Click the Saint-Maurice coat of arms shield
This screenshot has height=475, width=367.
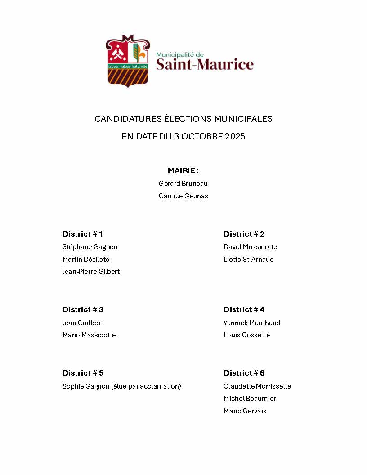[x=127, y=61]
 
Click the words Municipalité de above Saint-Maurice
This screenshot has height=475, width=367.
[x=180, y=54]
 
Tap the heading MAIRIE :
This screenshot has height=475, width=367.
[x=183, y=170]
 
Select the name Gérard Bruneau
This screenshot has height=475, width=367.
[x=183, y=184]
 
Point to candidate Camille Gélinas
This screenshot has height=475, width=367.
[x=183, y=196]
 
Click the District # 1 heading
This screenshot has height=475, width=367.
[x=83, y=234]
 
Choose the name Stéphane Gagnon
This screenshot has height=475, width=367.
[x=90, y=247]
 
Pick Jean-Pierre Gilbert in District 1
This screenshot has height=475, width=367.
[x=91, y=272]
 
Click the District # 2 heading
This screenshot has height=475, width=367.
[x=244, y=234]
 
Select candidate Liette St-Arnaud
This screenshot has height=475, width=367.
[x=248, y=260]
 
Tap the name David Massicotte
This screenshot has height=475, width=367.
[x=250, y=247]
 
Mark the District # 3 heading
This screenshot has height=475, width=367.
[x=83, y=309]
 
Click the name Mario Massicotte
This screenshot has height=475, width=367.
[x=89, y=335]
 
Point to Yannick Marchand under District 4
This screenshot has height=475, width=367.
[x=252, y=323]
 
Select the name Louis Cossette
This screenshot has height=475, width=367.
[x=246, y=335]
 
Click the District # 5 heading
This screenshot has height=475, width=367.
[x=83, y=373]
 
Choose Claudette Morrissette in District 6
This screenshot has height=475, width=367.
[x=257, y=386]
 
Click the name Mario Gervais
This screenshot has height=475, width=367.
[x=245, y=411]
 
